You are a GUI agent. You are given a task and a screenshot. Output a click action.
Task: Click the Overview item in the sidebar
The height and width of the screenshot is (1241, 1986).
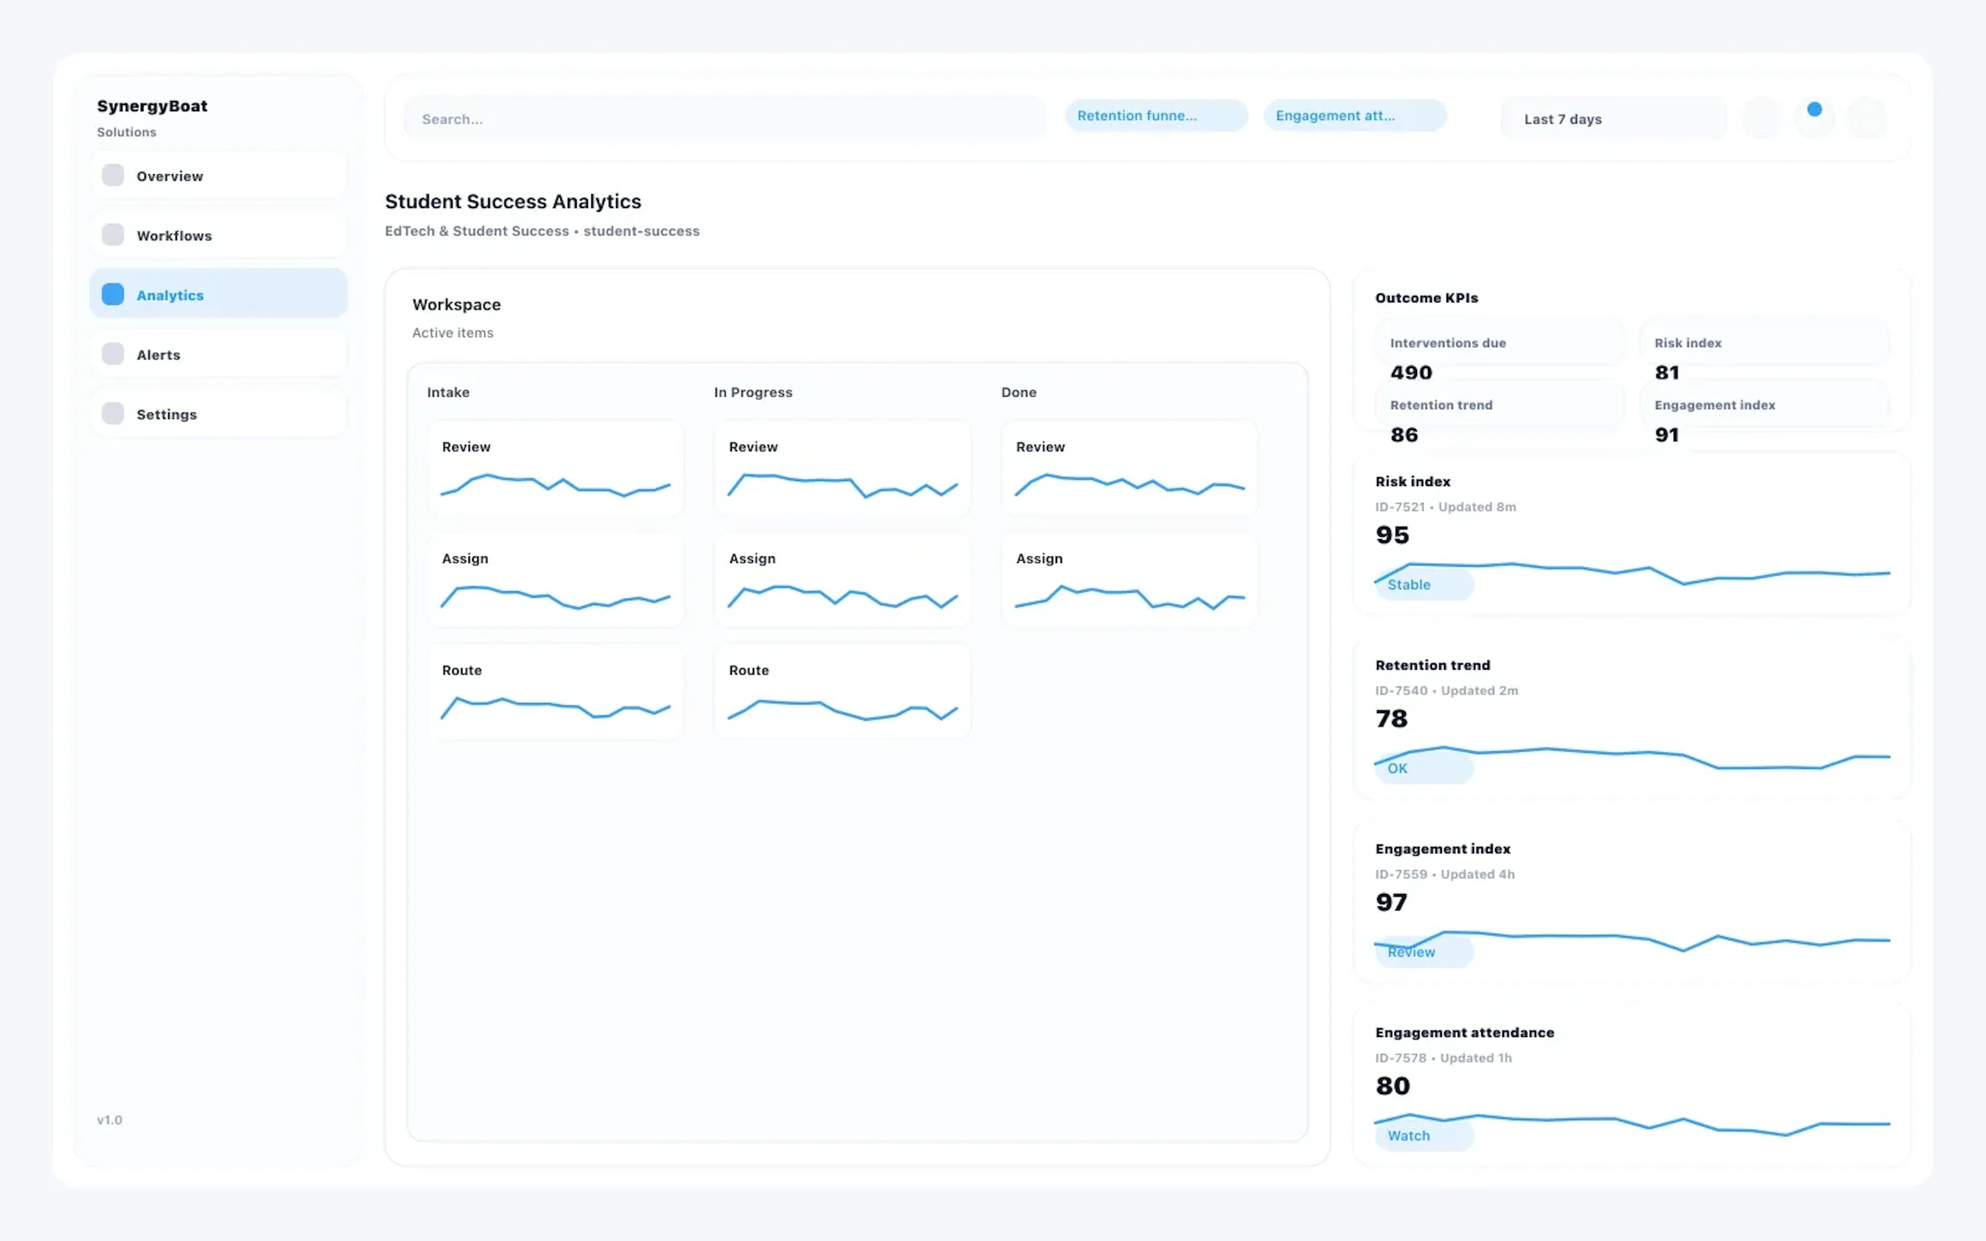tap(218, 176)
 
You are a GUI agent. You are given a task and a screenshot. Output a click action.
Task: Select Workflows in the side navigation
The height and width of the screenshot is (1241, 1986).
tap(218, 236)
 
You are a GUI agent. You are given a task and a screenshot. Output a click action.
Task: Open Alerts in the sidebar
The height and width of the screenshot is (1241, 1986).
tap(218, 355)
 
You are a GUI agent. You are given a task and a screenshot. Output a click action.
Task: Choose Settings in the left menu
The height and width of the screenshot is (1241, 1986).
tap(218, 415)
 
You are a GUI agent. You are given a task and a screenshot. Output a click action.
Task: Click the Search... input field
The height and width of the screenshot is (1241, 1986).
tap(725, 119)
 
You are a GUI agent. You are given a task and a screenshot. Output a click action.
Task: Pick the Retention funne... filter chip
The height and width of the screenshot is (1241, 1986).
tap(1155, 116)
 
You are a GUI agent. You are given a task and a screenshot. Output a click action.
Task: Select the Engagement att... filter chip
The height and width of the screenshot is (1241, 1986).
tap(1354, 116)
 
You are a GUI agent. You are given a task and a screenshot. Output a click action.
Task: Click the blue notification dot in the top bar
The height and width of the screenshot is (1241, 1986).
tap(1814, 109)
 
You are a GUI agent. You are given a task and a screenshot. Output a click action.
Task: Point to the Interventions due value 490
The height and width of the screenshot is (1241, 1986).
tap(1411, 373)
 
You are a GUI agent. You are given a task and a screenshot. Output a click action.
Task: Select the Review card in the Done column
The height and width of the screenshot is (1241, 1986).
tap(1129, 468)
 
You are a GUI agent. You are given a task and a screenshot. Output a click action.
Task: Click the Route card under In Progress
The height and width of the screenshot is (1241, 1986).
tap(842, 691)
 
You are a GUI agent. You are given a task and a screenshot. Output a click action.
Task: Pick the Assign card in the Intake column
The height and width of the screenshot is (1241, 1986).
tap(555, 580)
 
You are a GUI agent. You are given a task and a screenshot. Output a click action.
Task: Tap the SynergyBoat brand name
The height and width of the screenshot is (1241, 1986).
tap(153, 106)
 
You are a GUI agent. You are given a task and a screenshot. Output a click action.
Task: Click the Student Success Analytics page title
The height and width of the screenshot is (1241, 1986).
tap(513, 201)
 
